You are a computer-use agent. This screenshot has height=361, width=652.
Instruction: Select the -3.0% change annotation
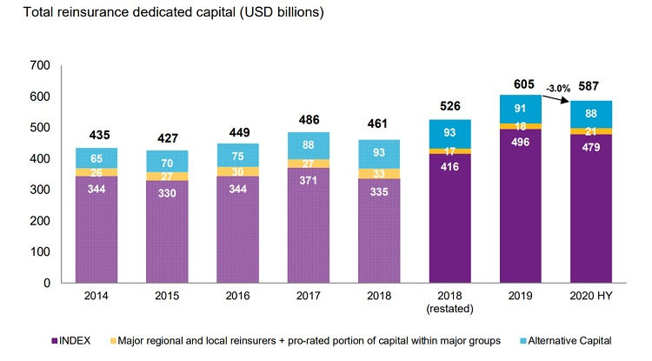(x=556, y=88)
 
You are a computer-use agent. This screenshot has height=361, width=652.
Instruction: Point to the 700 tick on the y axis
(x=41, y=65)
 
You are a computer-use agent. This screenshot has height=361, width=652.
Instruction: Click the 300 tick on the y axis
(x=41, y=190)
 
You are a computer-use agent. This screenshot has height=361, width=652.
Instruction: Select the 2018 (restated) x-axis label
(x=449, y=301)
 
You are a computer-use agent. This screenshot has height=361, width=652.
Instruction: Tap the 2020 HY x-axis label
(x=591, y=296)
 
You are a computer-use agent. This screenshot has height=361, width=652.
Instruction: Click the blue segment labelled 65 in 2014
(x=97, y=157)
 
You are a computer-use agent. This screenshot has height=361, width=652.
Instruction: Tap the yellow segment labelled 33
(x=378, y=173)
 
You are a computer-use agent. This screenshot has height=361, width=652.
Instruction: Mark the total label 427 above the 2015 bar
(x=167, y=137)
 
